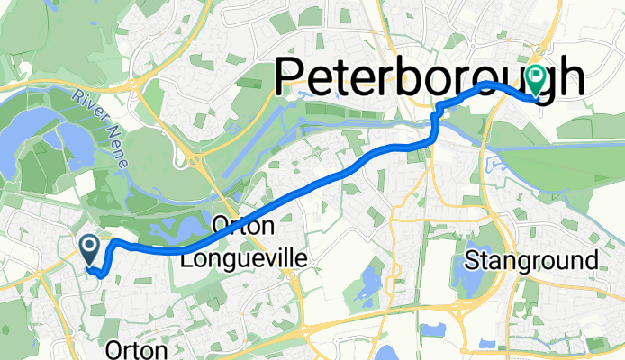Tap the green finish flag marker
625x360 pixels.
point(536,82)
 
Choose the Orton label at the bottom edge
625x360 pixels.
point(136,349)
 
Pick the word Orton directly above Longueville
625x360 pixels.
point(241,229)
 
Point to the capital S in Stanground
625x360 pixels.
point(474,262)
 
